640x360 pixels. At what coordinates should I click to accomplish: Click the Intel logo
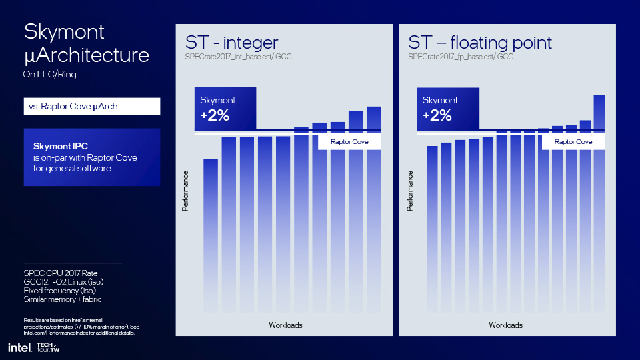coord(19,348)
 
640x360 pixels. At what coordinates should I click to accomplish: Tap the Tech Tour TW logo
coord(48,347)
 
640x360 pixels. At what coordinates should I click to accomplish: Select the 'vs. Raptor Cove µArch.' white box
coord(92,107)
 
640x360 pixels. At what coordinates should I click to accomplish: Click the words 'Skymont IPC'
coord(61,146)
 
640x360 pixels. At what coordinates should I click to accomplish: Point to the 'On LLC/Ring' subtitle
coord(50,74)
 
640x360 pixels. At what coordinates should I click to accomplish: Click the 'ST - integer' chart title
coord(231,43)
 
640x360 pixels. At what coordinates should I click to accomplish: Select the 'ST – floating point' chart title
coord(480,43)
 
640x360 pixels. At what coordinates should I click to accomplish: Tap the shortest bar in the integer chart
coord(211,235)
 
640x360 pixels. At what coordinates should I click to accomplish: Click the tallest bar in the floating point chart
coord(599,203)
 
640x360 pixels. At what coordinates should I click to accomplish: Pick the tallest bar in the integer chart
coord(373,209)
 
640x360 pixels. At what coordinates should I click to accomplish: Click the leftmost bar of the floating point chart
coord(432,229)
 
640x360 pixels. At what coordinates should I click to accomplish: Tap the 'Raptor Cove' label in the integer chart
coord(349,141)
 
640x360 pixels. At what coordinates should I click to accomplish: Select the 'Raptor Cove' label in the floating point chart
coord(573,141)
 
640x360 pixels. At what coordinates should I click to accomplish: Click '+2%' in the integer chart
coord(215,115)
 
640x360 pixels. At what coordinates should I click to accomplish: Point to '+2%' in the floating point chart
coord(437,115)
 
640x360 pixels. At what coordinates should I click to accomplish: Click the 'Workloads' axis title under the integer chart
coord(286,325)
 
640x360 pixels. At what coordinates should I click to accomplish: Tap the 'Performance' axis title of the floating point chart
coord(410,191)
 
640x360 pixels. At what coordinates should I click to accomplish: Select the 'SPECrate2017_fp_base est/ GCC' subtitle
coord(461,57)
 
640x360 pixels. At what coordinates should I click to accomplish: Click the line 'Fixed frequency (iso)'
coord(59,291)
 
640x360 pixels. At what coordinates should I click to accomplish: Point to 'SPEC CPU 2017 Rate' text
coord(61,273)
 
